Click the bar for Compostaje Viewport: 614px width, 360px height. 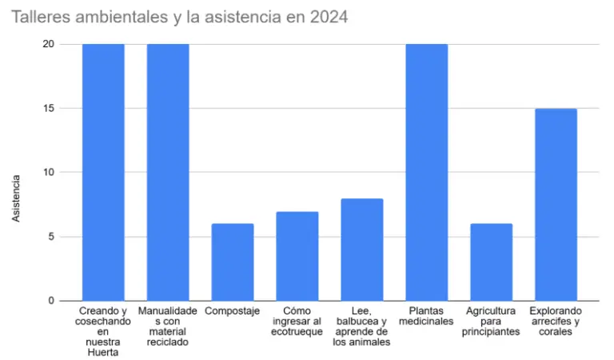tap(233, 262)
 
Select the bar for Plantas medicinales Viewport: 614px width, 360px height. tap(427, 172)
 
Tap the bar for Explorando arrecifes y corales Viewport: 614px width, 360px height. tap(556, 204)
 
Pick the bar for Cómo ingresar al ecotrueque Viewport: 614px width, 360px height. tap(297, 256)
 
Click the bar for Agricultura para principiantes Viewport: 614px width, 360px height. tap(491, 262)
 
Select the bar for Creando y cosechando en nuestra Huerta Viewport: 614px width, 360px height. tap(103, 172)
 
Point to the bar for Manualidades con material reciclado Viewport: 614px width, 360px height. tap(168, 172)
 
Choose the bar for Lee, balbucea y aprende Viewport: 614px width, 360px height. tap(362, 250)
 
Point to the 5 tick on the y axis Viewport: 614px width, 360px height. tap(50, 237)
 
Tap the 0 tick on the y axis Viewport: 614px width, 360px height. tap(50, 301)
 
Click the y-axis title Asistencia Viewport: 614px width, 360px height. tap(16, 195)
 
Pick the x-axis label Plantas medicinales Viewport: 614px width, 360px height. tap(427, 316)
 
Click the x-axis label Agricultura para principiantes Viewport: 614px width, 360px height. tap(491, 322)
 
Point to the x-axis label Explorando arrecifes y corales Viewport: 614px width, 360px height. tap(556, 322)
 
